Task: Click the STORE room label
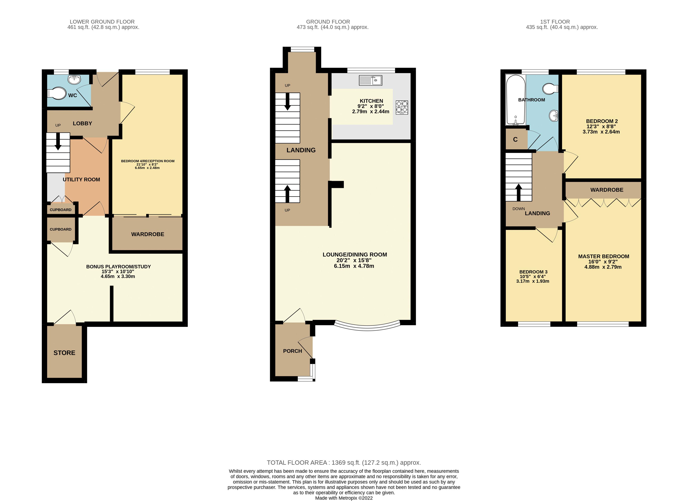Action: coord(64,353)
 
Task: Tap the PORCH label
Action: coord(293,351)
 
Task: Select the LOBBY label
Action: coord(82,123)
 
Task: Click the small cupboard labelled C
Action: coord(515,140)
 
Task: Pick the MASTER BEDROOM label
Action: coord(603,256)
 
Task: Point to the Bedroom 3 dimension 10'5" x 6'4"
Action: coord(533,276)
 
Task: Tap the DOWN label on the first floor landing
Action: coord(519,209)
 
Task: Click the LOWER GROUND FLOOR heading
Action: coord(102,22)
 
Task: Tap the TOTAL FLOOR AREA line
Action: coord(344,463)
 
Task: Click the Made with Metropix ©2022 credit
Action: coord(344,498)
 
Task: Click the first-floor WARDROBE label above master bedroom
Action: coord(607,190)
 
